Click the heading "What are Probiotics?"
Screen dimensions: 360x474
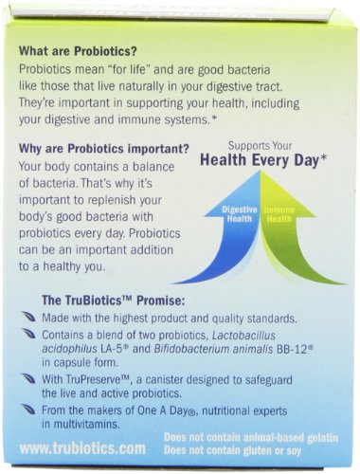point(78,51)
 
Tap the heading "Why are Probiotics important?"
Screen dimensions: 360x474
point(104,149)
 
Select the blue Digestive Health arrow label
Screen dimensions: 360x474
point(240,214)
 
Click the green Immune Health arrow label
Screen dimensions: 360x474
point(279,214)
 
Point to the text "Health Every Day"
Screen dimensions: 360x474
point(260,160)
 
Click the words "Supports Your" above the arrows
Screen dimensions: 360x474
point(260,146)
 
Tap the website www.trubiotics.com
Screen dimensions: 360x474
point(82,448)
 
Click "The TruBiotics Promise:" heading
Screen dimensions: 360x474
point(114,301)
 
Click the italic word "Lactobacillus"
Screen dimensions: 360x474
point(243,335)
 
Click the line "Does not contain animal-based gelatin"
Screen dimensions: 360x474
point(251,438)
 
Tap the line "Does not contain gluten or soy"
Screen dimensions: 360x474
point(232,450)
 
